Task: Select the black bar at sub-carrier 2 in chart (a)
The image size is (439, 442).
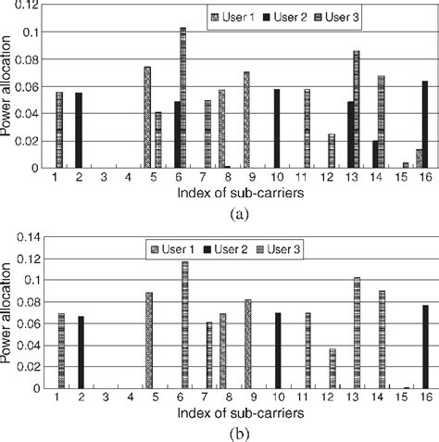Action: pos(79,131)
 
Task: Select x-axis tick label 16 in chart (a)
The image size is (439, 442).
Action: pos(424,177)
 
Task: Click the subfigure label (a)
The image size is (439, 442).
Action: pos(220,211)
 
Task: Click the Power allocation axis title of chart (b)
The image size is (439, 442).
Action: pos(8,311)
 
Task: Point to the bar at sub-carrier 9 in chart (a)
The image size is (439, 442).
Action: pos(247,120)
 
